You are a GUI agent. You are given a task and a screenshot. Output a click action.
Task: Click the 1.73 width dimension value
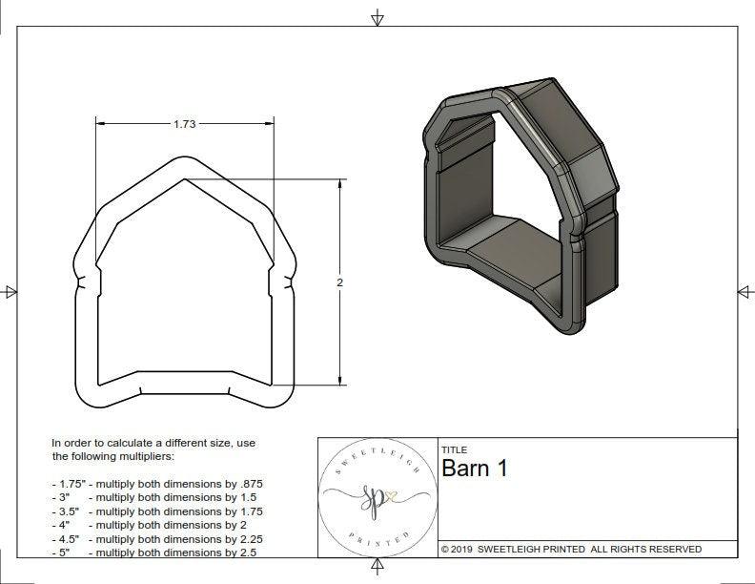click(185, 124)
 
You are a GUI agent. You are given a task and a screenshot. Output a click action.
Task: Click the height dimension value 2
click(339, 282)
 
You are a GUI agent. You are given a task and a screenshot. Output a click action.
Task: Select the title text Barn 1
click(475, 469)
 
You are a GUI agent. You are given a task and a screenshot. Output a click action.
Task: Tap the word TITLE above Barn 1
click(455, 449)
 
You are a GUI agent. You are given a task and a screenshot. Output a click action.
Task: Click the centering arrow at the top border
click(378, 17)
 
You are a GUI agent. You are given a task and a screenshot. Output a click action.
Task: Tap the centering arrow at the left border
click(10, 291)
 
